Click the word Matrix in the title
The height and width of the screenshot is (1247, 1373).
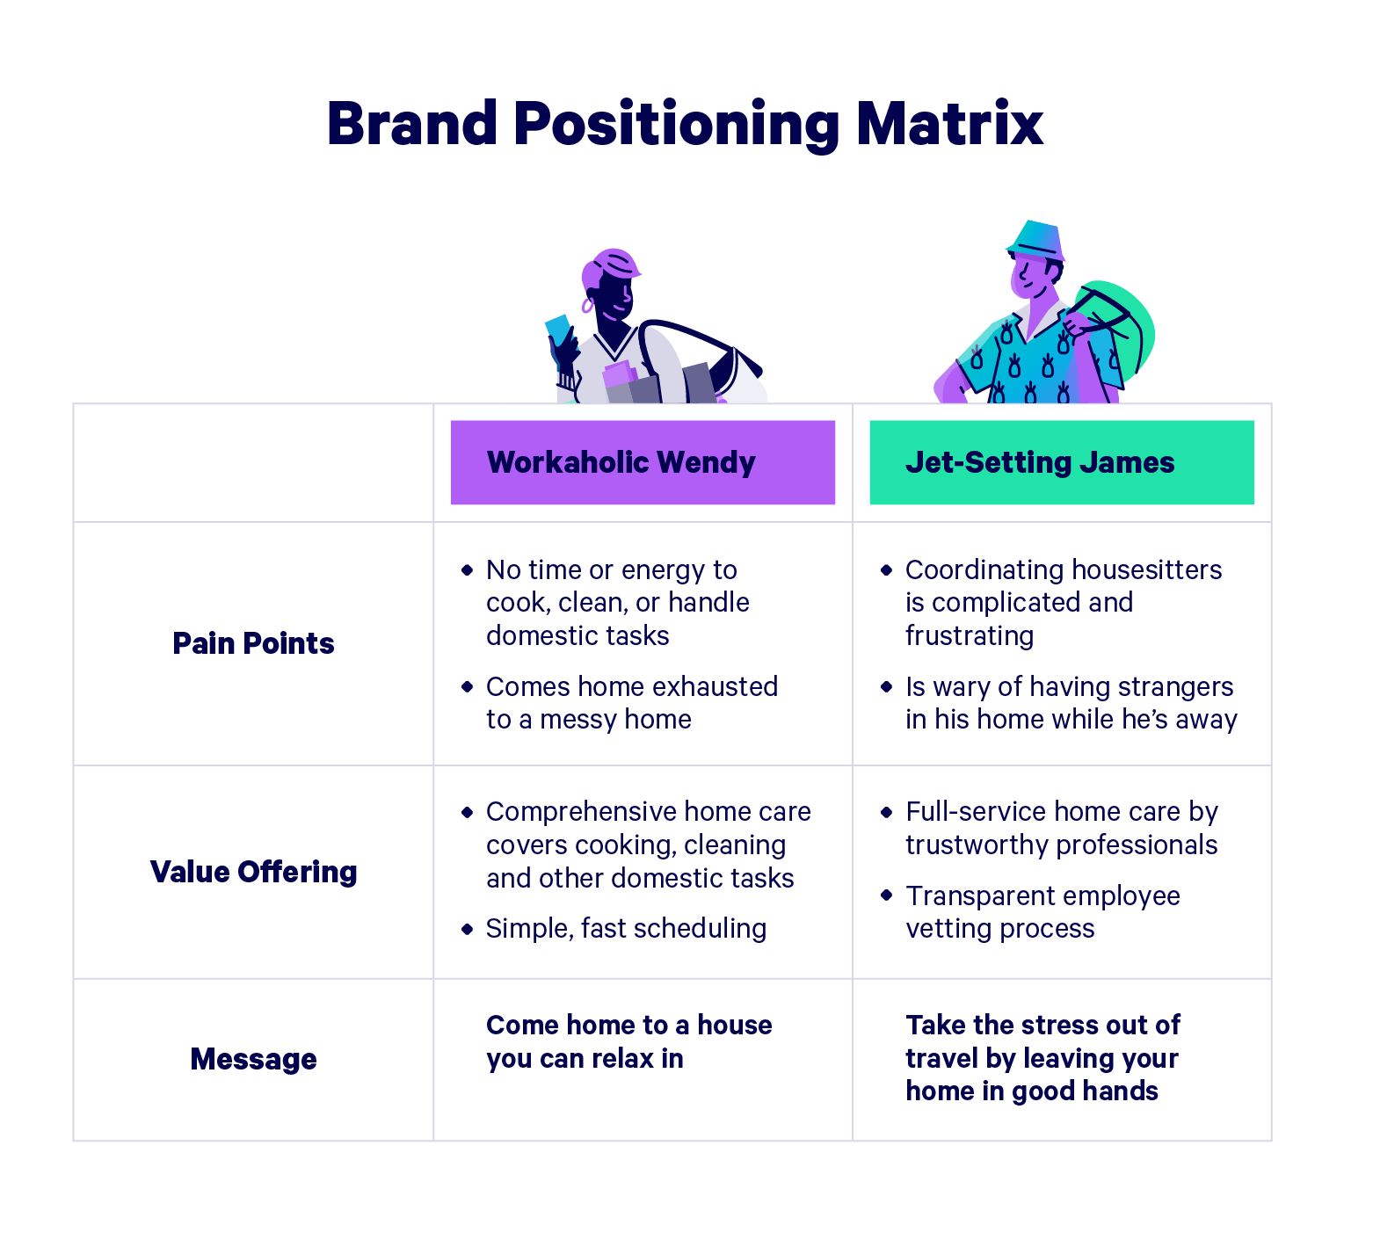[x=949, y=123]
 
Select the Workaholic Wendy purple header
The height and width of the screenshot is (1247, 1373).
[x=643, y=462]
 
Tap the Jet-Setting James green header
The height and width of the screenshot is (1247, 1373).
[x=1061, y=462]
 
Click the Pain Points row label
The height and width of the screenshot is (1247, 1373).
[x=253, y=643]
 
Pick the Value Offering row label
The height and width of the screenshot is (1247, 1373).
[x=253, y=872]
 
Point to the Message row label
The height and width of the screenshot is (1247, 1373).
[x=253, y=1059]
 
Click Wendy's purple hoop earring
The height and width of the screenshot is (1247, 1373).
[x=587, y=306]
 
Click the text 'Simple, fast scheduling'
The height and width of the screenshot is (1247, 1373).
[x=626, y=928]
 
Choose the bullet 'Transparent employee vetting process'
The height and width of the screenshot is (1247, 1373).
[x=1042, y=911]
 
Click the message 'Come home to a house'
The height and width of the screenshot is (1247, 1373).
[x=628, y=1026]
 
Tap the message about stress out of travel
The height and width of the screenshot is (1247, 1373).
[x=1042, y=1058]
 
